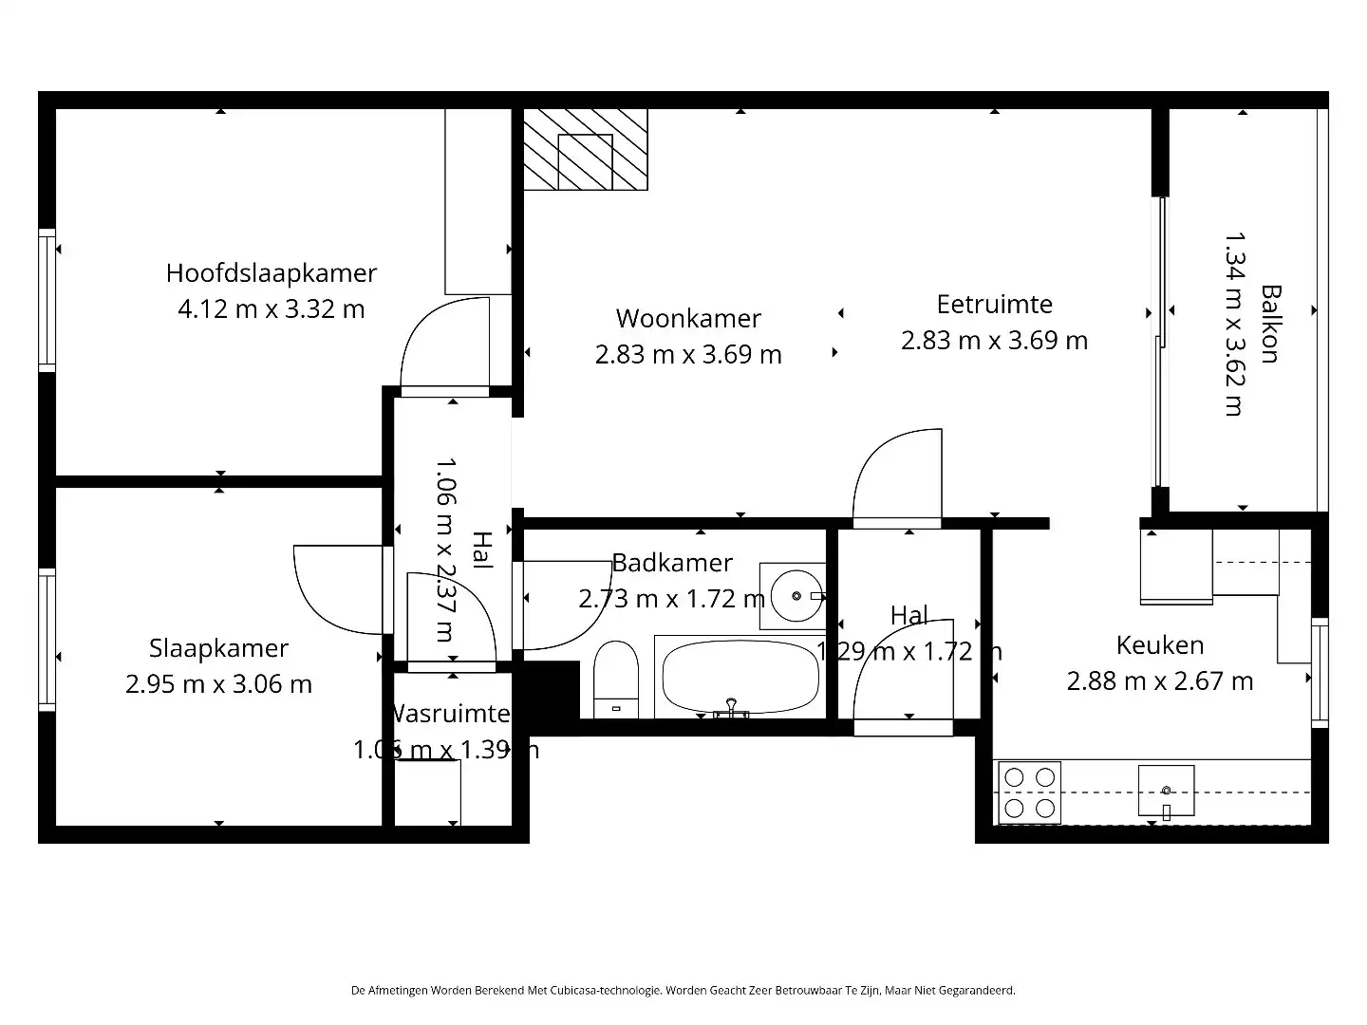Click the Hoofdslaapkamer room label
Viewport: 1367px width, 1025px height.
[x=271, y=273]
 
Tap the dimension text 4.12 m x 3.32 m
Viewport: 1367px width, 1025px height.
[x=271, y=309]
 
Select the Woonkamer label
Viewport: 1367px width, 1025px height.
[x=688, y=319]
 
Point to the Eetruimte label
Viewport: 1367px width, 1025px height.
[x=994, y=305]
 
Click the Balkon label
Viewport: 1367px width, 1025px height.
[x=1270, y=324]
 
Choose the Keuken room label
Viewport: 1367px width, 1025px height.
[x=1159, y=645]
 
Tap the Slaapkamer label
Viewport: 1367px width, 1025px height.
[x=218, y=648]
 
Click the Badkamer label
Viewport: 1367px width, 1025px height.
[x=672, y=563]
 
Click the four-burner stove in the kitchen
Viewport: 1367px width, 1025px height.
[x=1029, y=792]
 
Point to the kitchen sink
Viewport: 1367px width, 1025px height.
[x=1166, y=791]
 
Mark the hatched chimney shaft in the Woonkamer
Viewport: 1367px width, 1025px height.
[x=585, y=149]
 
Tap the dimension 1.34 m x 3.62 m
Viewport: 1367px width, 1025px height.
[x=1233, y=324]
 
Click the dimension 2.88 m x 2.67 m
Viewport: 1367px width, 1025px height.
[x=1159, y=681]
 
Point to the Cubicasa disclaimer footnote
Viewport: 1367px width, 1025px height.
[x=683, y=990]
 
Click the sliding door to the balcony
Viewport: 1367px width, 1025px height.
[x=1158, y=342]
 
